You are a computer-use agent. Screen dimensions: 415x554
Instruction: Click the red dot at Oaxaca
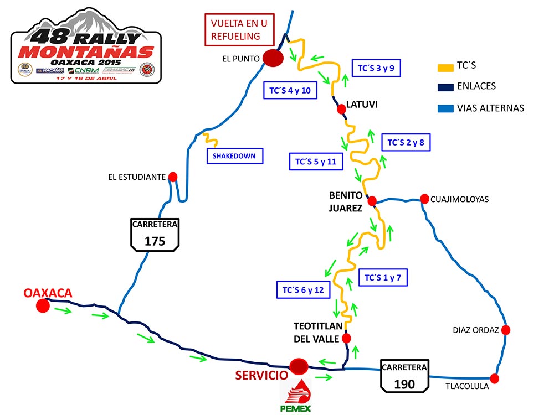[43, 305]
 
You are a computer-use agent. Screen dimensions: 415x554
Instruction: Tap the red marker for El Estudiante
[172, 177]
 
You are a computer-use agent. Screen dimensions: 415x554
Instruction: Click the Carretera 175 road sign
[155, 235]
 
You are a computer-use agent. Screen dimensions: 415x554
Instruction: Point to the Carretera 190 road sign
[404, 376]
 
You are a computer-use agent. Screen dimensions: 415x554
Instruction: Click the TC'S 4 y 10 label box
[290, 91]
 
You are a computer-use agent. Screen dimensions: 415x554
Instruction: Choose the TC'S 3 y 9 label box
[376, 69]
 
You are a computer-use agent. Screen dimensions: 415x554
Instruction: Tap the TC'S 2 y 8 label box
[406, 142]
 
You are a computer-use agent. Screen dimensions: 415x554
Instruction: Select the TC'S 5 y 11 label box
[316, 162]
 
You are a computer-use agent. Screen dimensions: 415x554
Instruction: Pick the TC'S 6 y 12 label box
[303, 289]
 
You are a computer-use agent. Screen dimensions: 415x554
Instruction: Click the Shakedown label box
[234, 156]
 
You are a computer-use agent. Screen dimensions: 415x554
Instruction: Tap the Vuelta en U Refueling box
[240, 30]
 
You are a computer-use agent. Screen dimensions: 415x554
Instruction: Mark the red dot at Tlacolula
[494, 379]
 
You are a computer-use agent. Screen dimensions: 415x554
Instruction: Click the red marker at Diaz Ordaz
[505, 330]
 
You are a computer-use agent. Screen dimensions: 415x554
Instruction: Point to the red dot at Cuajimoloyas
[424, 198]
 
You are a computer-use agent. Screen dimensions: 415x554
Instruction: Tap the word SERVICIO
[261, 375]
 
